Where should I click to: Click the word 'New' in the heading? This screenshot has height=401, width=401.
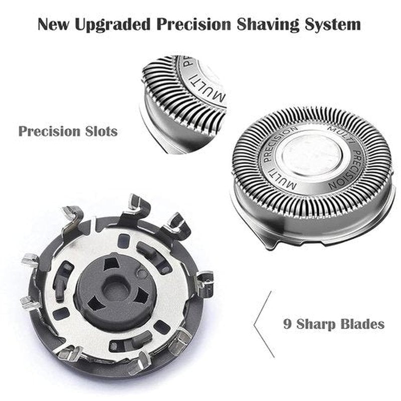tap(54, 24)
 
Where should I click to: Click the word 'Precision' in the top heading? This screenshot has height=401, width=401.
tap(194, 24)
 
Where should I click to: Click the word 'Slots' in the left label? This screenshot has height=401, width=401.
tap(101, 131)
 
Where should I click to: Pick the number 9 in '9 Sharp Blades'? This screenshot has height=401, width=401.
tap(287, 324)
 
